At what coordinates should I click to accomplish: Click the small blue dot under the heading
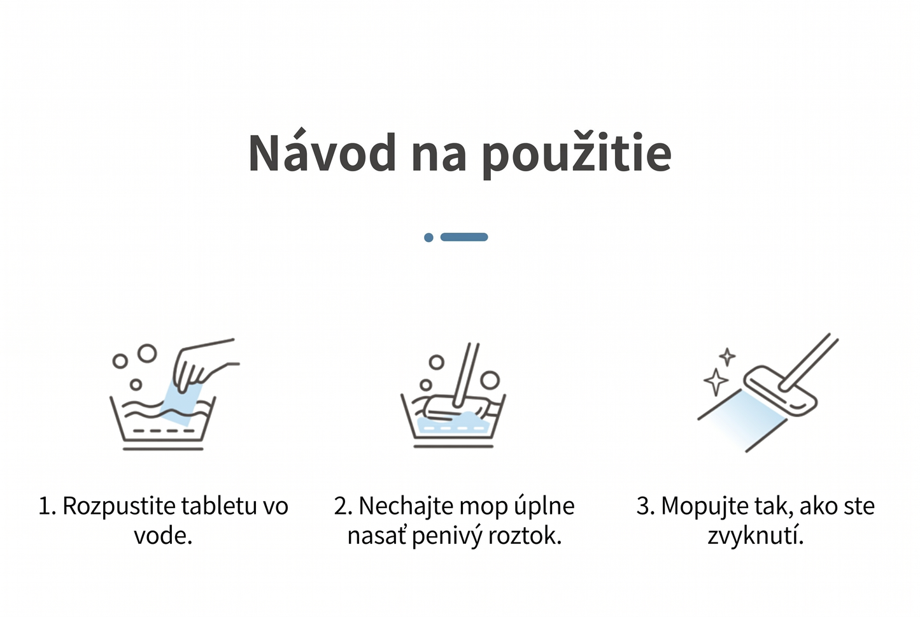[428, 238]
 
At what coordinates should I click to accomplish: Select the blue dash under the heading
[464, 237]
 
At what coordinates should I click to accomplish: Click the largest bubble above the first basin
[147, 353]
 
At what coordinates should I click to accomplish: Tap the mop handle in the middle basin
[466, 374]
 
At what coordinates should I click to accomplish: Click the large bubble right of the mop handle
[490, 380]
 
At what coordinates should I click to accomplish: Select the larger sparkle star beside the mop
[716, 381]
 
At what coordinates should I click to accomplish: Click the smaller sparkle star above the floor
[727, 357]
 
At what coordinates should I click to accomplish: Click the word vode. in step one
[164, 535]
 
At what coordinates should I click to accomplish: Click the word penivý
[448, 537]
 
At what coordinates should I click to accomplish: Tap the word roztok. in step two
[525, 536]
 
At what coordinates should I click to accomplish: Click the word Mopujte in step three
[704, 506]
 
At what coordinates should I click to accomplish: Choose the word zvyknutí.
[756, 537]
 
